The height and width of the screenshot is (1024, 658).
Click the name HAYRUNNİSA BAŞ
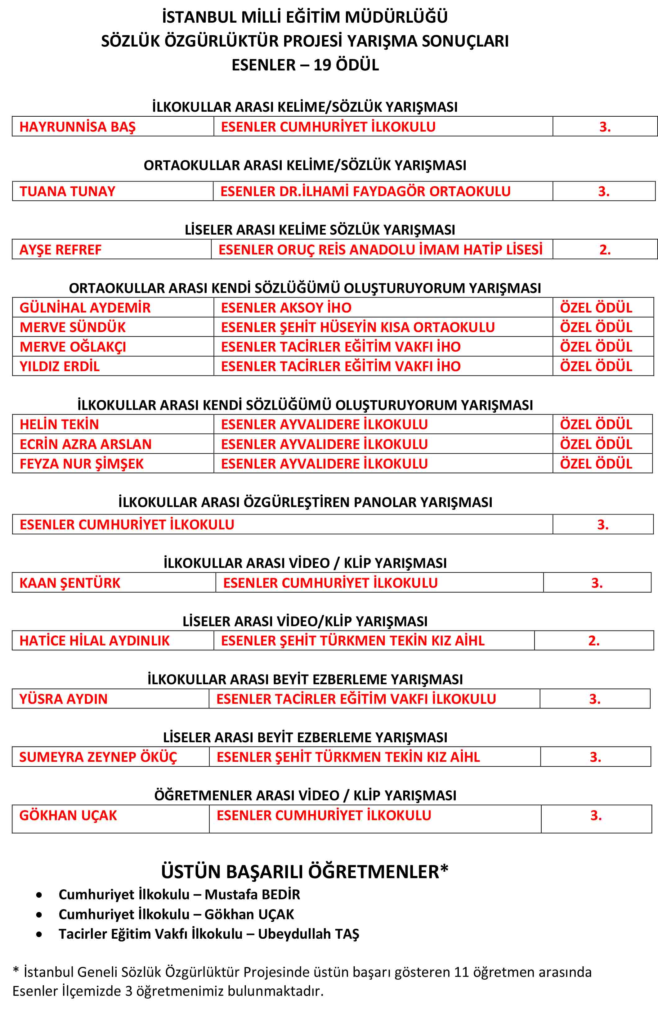click(x=77, y=127)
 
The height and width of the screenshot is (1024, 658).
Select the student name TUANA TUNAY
click(x=68, y=191)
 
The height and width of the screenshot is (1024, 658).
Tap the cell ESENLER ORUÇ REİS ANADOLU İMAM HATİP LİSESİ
click(x=380, y=249)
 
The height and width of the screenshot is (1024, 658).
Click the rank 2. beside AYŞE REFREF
click(x=605, y=249)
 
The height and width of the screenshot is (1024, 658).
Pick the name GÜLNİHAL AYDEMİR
click(x=85, y=308)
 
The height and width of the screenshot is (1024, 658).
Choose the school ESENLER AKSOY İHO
click(x=286, y=308)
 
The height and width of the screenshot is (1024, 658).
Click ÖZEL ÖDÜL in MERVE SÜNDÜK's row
click(x=596, y=327)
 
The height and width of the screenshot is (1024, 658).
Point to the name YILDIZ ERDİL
click(x=59, y=366)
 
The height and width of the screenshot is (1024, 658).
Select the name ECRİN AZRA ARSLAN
click(x=85, y=444)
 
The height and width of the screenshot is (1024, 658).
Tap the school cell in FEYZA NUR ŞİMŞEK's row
click(x=324, y=464)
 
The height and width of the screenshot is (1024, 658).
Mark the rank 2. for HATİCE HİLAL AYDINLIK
click(x=593, y=641)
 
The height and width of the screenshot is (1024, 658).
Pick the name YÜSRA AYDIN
click(x=63, y=699)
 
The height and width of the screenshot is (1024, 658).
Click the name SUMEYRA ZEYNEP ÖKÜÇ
click(x=98, y=757)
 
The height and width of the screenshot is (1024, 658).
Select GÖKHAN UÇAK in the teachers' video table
click(x=68, y=815)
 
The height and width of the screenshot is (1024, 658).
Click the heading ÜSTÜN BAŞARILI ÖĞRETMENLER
click(x=305, y=872)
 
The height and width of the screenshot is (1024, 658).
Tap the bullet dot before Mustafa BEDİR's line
click(x=39, y=895)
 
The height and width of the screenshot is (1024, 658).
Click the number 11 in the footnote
click(x=461, y=972)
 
